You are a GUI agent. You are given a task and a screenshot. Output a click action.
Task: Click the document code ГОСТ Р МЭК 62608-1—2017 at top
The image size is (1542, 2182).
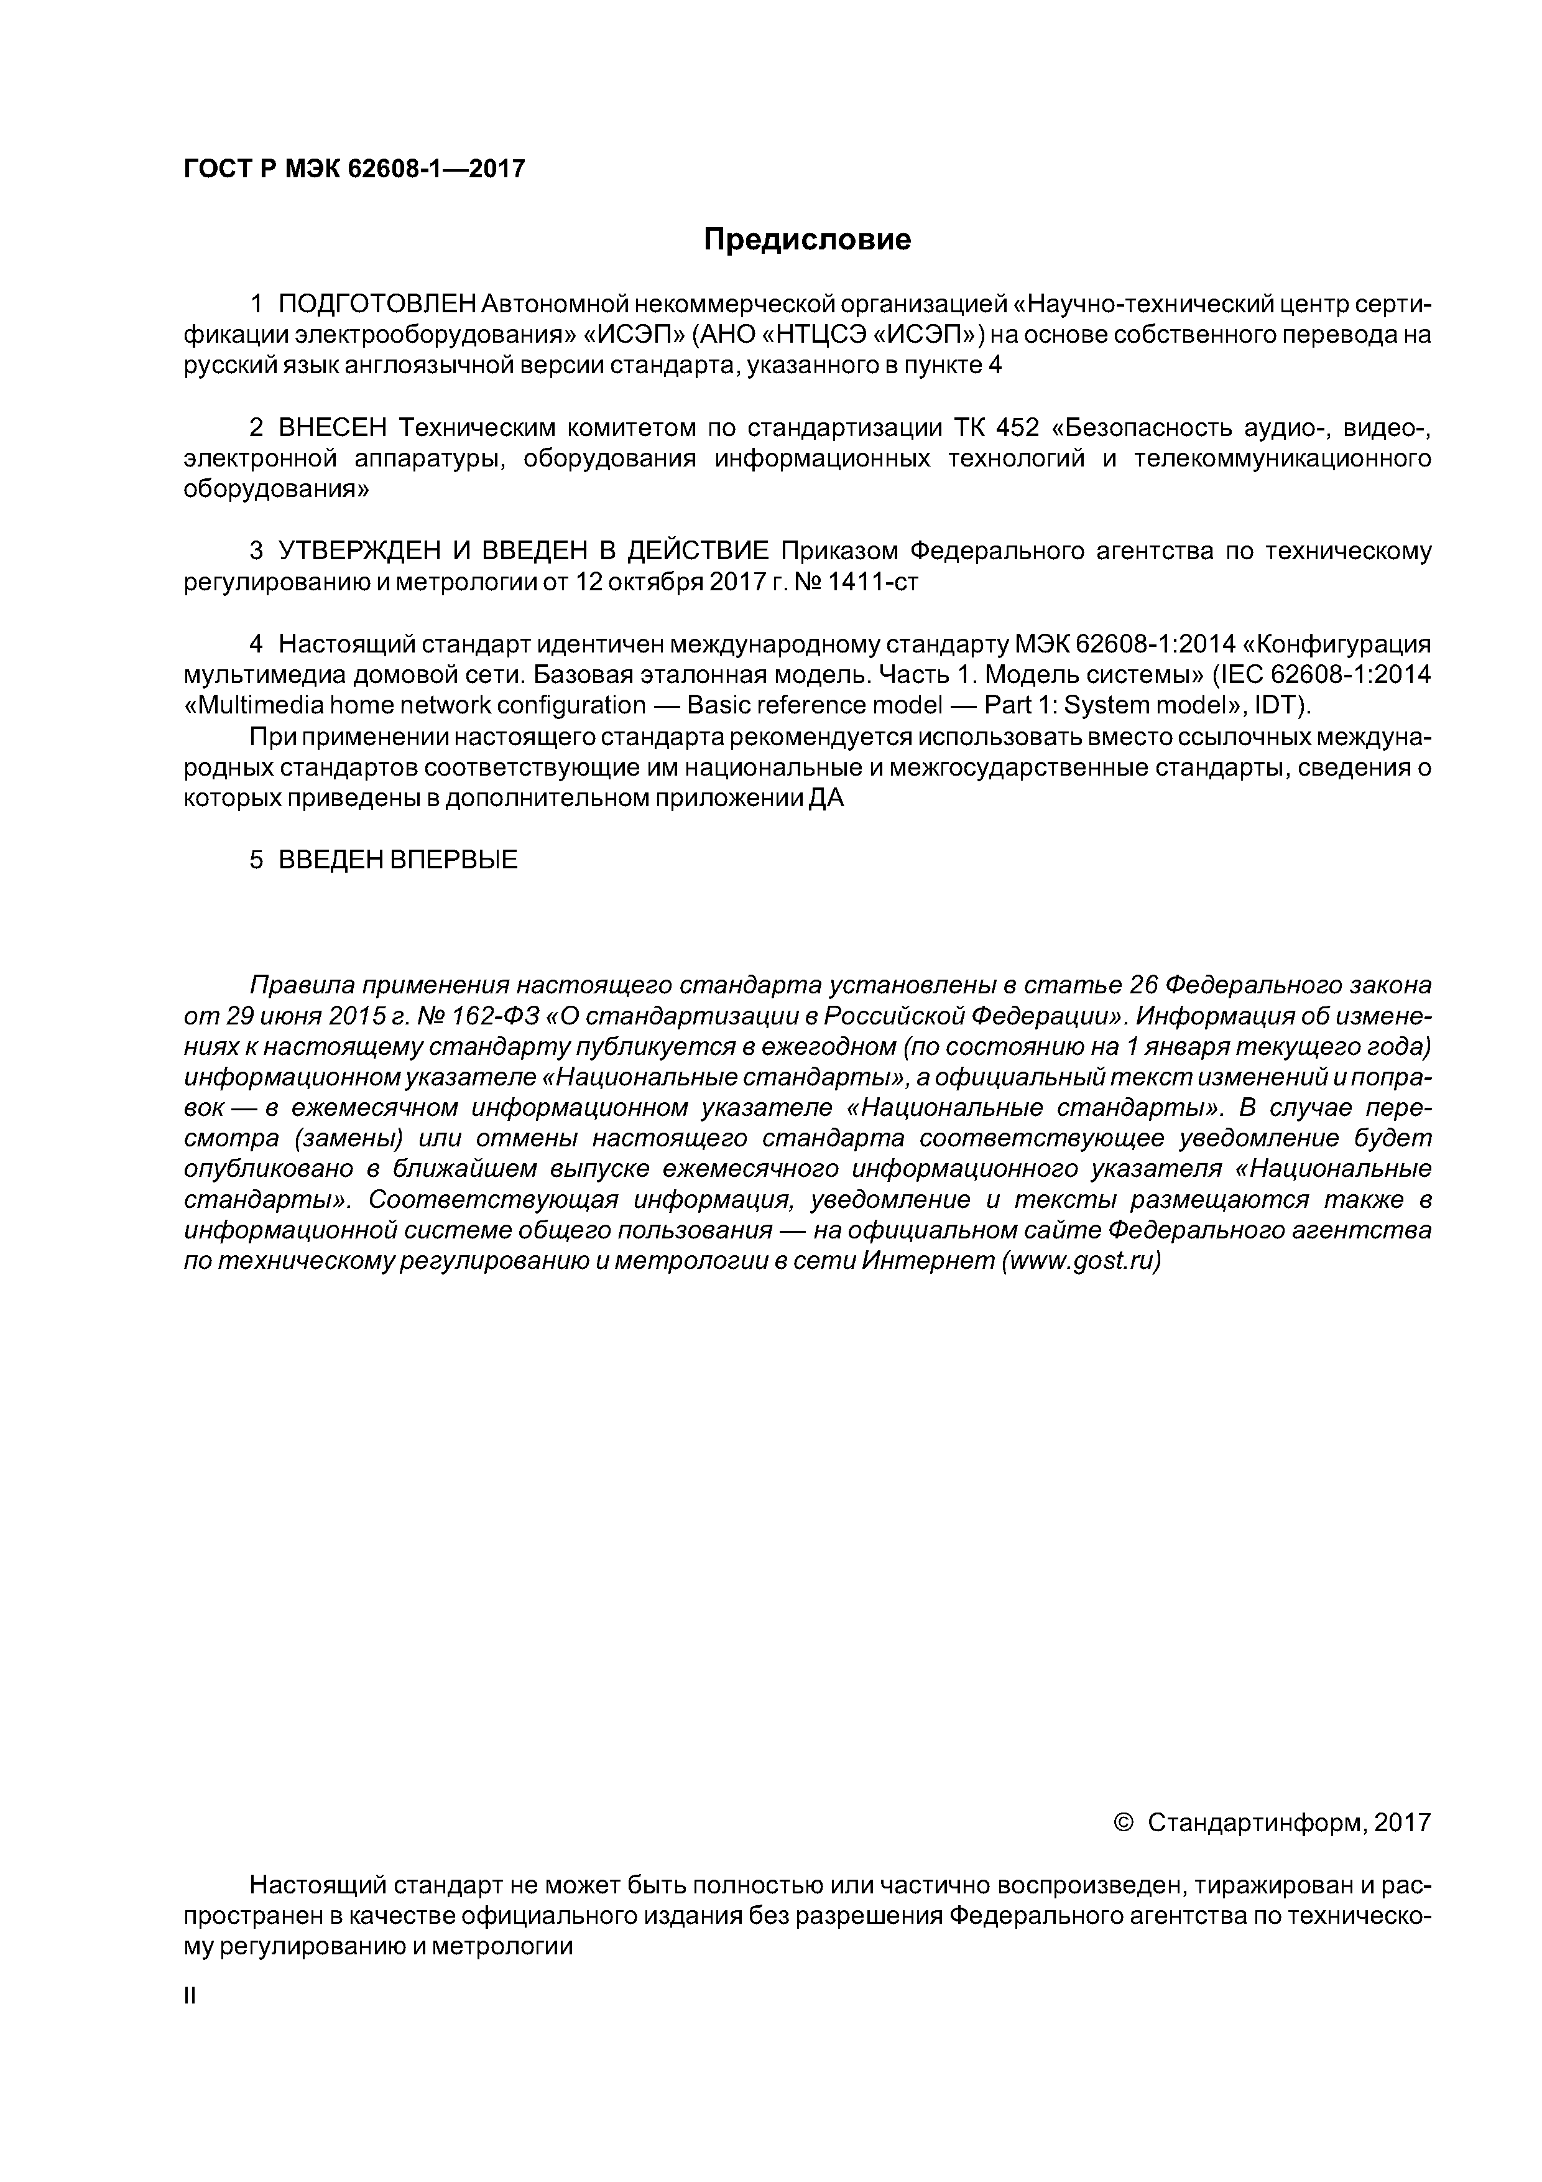(x=353, y=169)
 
